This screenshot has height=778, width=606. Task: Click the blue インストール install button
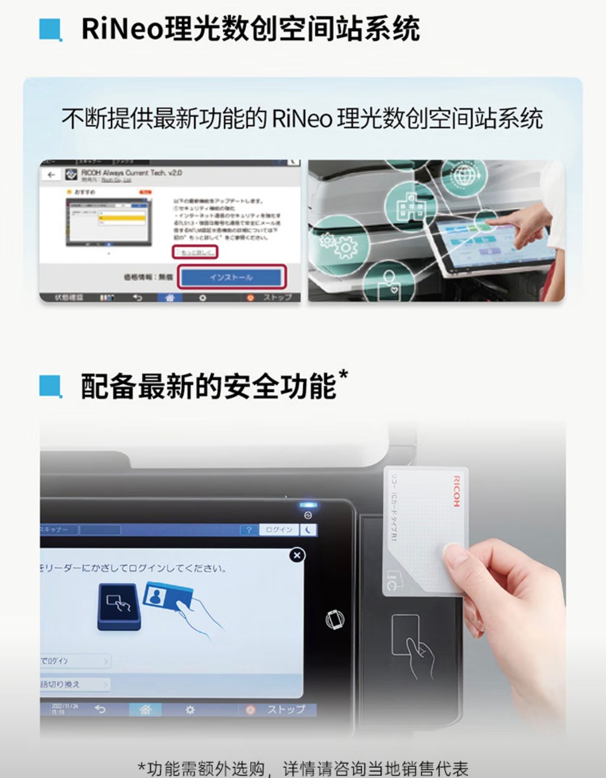231,277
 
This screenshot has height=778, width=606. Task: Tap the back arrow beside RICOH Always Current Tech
51,175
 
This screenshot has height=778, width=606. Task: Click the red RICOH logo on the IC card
456,490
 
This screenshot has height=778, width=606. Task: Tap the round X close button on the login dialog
297,555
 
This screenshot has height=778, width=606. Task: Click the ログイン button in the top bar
279,530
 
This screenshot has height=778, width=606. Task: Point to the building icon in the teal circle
411,207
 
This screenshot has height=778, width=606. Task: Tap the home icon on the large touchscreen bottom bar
145,709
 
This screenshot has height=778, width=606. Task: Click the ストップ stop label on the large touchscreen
286,709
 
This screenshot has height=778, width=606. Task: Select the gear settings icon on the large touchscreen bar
190,709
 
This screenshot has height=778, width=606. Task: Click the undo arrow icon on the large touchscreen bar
100,709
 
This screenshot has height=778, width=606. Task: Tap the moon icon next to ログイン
309,530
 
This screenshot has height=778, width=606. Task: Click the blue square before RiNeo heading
50,30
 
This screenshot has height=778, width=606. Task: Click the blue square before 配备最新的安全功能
50,387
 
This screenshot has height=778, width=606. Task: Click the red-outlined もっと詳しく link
195,252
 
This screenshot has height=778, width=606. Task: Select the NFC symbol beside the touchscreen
335,619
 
